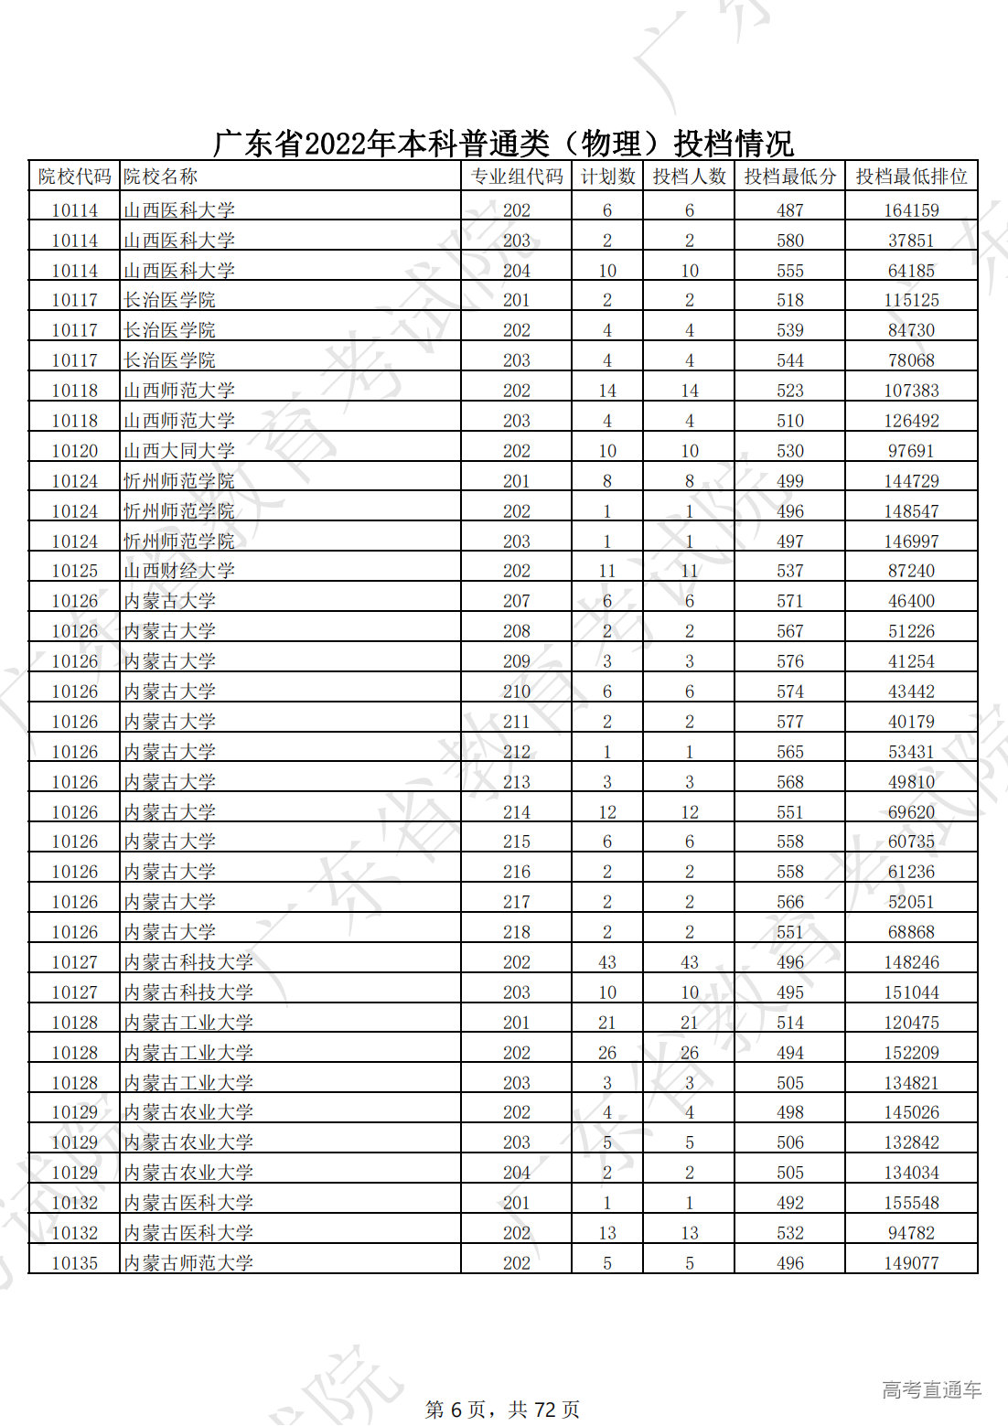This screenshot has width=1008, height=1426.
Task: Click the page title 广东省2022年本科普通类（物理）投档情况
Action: [x=503, y=144]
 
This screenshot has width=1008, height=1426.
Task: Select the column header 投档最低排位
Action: [x=911, y=177]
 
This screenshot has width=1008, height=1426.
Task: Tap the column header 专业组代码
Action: [x=516, y=177]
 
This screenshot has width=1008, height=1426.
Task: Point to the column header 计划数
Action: [x=607, y=177]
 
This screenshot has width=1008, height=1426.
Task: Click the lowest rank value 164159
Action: [x=911, y=210]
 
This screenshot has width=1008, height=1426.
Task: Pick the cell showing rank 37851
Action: [x=911, y=241]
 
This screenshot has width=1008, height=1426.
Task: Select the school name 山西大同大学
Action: [x=179, y=451]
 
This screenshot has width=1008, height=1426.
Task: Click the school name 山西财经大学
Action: [x=179, y=571]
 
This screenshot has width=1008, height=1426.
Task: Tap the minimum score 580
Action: [x=789, y=241]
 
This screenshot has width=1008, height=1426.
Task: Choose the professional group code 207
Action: [x=516, y=601]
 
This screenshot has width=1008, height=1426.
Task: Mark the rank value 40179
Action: [x=911, y=722]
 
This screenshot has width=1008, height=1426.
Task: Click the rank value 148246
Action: [x=911, y=962]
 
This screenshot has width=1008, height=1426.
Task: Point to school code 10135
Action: [x=74, y=1263]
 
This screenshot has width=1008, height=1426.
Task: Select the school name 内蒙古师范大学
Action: [x=188, y=1263]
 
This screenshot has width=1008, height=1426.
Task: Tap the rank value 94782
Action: [x=911, y=1233]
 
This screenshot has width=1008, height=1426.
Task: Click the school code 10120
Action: [x=74, y=451]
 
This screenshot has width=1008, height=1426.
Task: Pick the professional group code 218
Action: [x=516, y=932]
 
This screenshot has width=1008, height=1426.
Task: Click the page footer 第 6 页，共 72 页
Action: [x=502, y=1410]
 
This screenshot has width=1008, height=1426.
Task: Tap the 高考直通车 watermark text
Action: [x=931, y=1390]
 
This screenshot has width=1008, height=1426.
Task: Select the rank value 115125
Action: [x=911, y=300]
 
